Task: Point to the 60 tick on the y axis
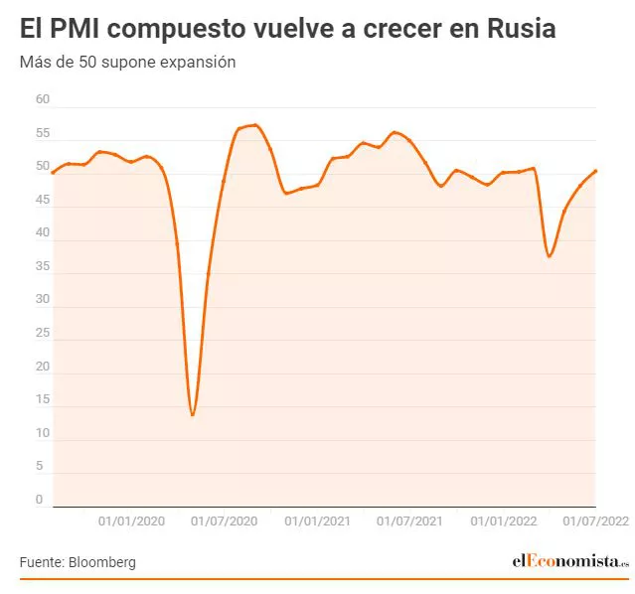(42, 99)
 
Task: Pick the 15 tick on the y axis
(42, 400)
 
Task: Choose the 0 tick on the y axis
(40, 500)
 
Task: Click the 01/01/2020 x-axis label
(132, 520)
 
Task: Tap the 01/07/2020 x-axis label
(225, 520)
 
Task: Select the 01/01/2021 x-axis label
(317, 520)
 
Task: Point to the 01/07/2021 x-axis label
(409, 520)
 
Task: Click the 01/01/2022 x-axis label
(503, 520)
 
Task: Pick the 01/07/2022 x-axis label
(596, 520)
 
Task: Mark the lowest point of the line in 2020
(192, 415)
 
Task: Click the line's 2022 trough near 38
(549, 256)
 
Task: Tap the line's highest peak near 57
(255, 125)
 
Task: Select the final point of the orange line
(595, 171)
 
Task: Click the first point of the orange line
(52, 173)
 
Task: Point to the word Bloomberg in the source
(102, 562)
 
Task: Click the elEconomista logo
(570, 561)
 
